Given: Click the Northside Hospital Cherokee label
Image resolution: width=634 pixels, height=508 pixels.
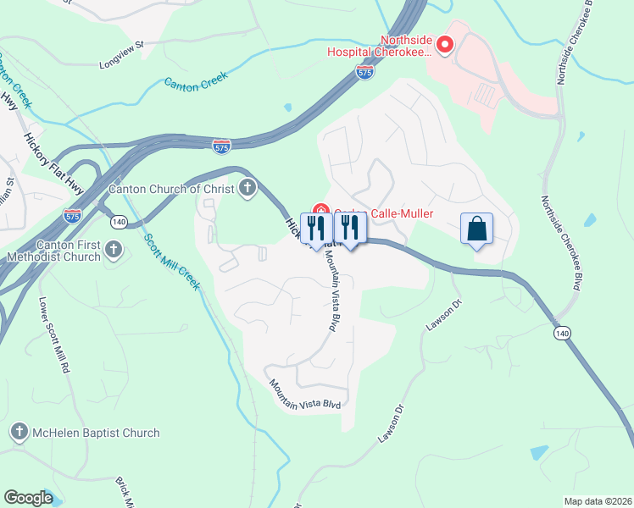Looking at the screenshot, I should point(379,45).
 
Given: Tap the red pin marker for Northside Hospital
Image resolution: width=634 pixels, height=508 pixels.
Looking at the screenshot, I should point(444,45).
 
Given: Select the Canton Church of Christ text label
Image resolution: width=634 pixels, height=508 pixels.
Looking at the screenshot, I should point(170,188).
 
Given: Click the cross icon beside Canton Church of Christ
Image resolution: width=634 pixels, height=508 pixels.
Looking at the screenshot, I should point(247,188).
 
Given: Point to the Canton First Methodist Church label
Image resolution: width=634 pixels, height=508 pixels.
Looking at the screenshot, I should point(53,250).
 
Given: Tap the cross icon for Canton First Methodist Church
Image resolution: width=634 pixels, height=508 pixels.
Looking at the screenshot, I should point(114,250).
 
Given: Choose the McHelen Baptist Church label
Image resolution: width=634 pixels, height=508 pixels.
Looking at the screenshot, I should point(96,433).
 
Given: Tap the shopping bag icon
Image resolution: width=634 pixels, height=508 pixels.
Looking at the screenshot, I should point(476,228).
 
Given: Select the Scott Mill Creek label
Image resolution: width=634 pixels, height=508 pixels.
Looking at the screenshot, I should point(172,262).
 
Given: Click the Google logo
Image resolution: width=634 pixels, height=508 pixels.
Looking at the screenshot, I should point(28,498).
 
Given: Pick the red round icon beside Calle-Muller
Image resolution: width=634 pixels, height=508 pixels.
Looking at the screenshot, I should point(320,209).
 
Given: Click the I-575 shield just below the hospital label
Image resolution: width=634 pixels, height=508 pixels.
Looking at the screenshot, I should point(365,74).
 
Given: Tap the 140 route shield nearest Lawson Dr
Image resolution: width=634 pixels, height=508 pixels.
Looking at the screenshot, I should point(561,334).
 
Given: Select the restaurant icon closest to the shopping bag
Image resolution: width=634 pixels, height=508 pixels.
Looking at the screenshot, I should point(349,227).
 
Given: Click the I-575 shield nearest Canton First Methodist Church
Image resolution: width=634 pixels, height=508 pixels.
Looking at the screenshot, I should point(72,216).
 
